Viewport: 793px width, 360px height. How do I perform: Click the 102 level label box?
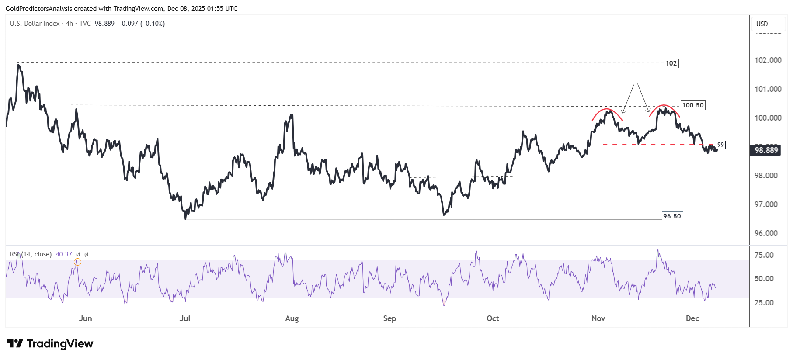pos(671,63)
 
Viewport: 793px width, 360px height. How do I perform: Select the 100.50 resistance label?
pos(693,105)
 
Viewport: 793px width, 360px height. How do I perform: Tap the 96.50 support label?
pos(672,216)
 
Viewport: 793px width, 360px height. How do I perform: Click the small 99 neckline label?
pos(720,145)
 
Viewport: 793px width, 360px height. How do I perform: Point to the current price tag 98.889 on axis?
pos(766,150)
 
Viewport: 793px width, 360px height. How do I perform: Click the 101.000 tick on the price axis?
pos(768,89)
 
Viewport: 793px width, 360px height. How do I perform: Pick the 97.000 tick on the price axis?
pos(766,204)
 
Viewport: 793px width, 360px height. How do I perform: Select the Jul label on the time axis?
pos(185,318)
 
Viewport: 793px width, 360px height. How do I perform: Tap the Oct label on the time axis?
pos(493,318)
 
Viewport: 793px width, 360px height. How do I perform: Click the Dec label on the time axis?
pos(692,318)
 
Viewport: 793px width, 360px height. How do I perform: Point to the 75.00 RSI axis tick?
pos(764,255)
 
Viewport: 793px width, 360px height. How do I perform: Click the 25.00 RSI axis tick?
pos(764,303)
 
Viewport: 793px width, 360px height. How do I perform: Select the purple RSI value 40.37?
pos(64,254)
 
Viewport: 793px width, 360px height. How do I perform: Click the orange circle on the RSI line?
pos(77,262)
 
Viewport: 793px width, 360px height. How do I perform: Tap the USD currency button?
pos(762,24)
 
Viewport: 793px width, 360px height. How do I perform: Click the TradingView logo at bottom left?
pos(50,344)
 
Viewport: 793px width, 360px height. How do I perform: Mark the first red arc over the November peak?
pos(607,110)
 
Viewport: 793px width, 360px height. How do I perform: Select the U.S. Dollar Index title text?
pos(35,24)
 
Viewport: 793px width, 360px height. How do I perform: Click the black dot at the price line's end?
pos(715,150)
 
